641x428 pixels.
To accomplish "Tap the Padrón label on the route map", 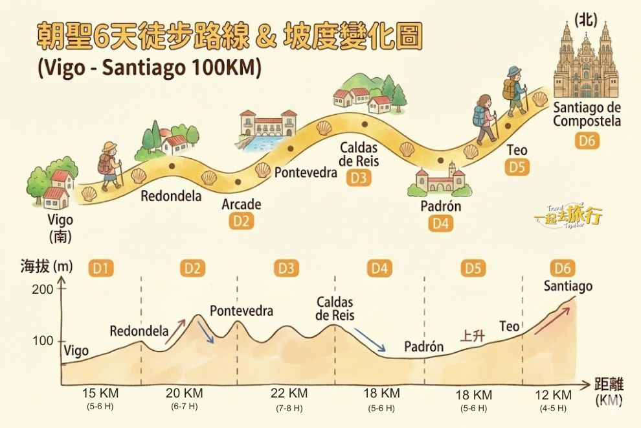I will (x=440, y=206).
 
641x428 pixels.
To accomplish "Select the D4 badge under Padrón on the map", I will (x=441, y=224).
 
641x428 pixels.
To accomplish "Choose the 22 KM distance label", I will (x=289, y=394).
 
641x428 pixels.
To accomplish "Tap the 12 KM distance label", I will (x=553, y=395).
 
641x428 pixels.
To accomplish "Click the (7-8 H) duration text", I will (x=289, y=409).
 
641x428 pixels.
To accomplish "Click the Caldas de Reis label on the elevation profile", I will (x=335, y=309).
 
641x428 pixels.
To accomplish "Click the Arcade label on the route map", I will (x=242, y=204).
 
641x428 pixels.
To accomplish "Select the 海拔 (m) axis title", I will (x=47, y=266).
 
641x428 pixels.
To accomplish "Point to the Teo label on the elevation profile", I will (x=510, y=326).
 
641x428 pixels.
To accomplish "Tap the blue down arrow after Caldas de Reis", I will (x=370, y=339).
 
